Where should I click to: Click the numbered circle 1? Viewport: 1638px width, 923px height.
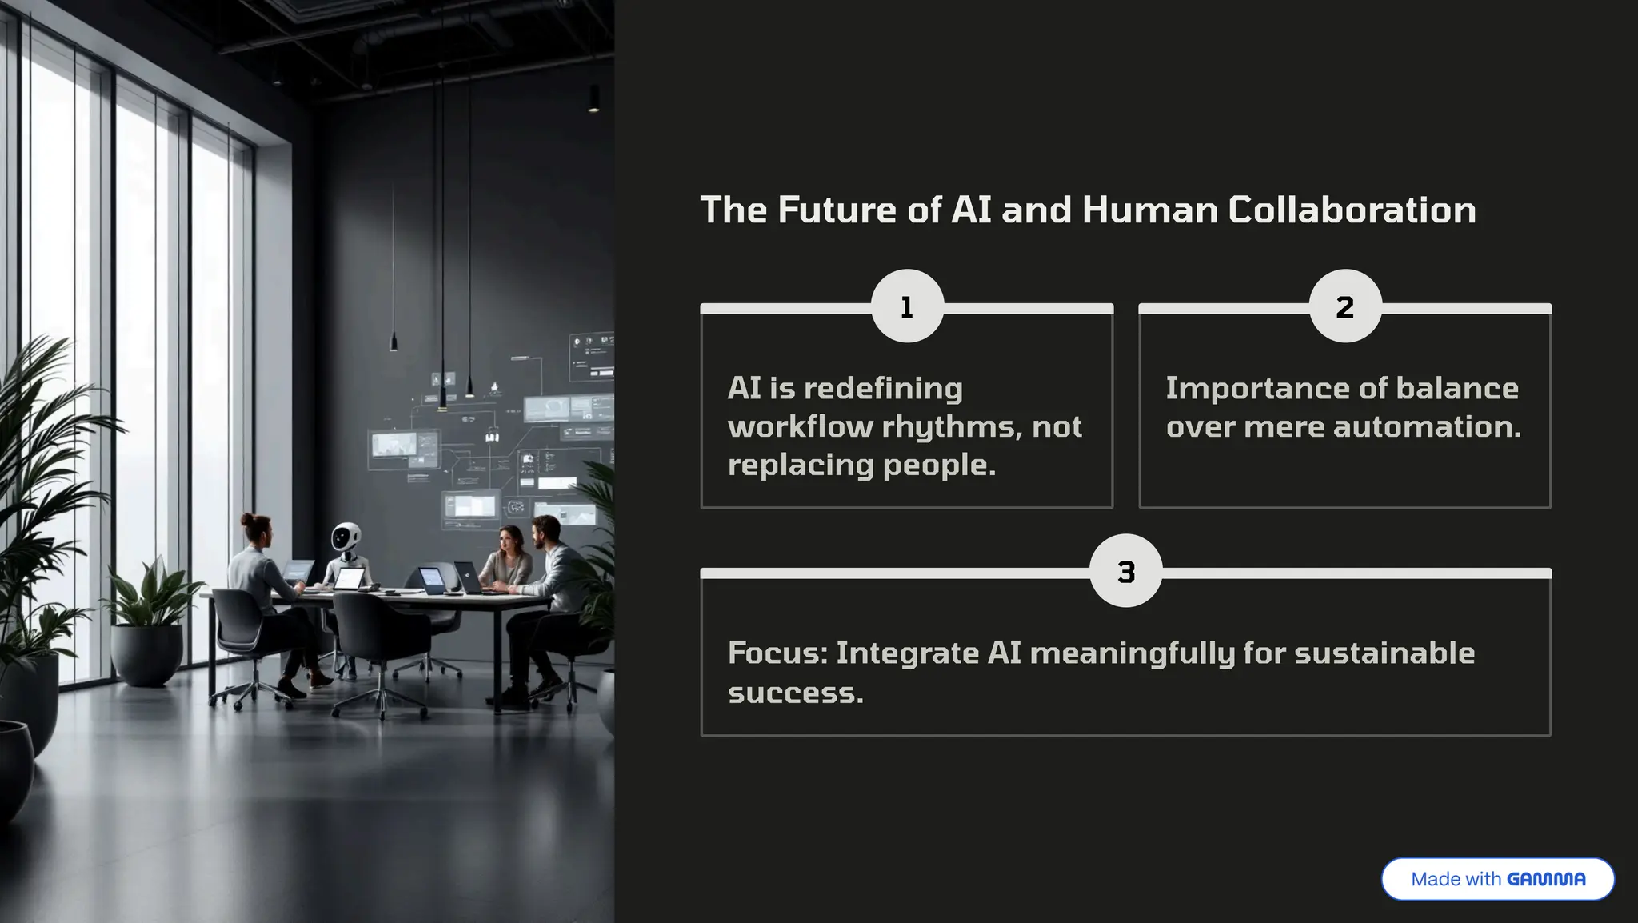point(907,306)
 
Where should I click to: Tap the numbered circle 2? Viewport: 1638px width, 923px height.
point(1345,306)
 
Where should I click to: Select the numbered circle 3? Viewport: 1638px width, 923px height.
point(1125,571)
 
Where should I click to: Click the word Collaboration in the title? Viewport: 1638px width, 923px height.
point(1352,210)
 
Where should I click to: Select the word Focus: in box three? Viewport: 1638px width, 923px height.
point(777,653)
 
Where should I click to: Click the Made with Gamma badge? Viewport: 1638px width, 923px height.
point(1497,879)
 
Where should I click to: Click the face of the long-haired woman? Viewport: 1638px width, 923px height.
point(509,541)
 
